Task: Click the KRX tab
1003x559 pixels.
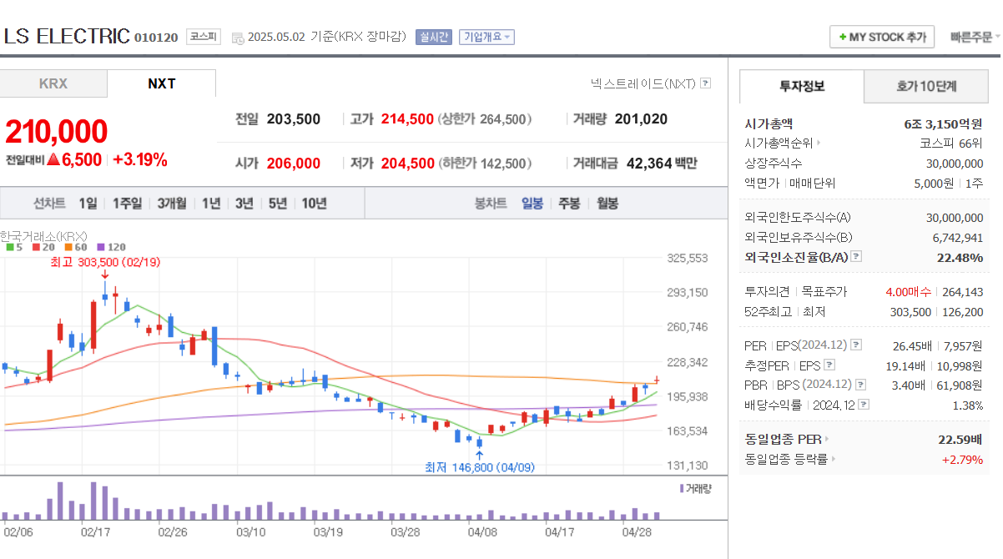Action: tap(53, 83)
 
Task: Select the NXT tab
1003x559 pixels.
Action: tap(161, 83)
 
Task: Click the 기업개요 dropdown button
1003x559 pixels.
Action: tap(486, 37)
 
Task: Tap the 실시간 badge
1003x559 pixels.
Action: tap(435, 37)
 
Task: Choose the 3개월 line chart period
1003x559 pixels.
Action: tap(171, 203)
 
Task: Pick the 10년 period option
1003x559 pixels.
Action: tap(314, 203)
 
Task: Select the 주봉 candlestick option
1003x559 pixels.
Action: tap(569, 203)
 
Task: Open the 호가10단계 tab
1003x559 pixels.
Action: tap(926, 85)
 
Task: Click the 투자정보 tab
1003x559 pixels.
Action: tap(802, 85)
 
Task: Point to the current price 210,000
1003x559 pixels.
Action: tap(57, 132)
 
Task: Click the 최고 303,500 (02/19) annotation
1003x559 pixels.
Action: tap(105, 262)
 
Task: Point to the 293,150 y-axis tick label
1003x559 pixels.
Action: tap(688, 293)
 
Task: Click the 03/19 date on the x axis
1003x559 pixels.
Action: tap(328, 531)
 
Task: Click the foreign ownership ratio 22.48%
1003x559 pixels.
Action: tap(960, 257)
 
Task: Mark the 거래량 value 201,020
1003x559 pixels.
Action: tap(641, 119)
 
